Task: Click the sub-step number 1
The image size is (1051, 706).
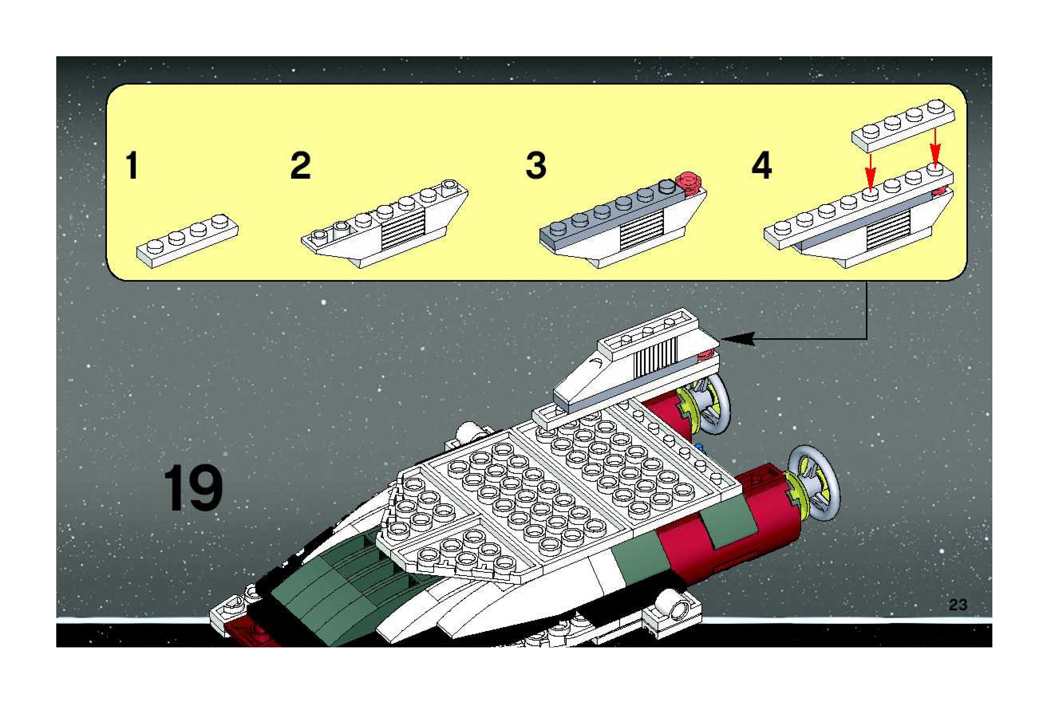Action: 132,165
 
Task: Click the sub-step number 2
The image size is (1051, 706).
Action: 300,165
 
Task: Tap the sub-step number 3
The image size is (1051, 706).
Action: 536,165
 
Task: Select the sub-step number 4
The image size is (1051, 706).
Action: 761,165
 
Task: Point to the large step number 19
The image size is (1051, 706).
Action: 193,489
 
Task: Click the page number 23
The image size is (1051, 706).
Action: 957,605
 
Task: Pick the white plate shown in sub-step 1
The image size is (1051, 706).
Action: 187,242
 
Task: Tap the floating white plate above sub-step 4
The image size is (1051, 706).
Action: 903,126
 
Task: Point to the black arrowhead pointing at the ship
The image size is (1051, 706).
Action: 739,339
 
